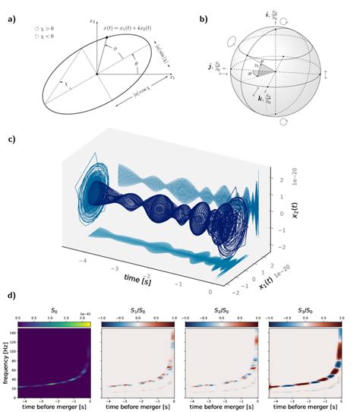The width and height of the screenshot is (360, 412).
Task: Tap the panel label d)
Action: [11, 295]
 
